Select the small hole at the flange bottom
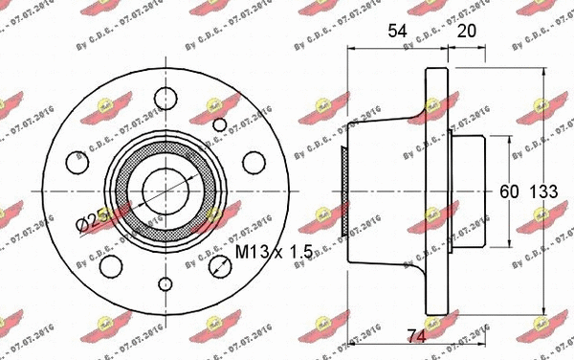point(164,284)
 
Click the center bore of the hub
point(164,186)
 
